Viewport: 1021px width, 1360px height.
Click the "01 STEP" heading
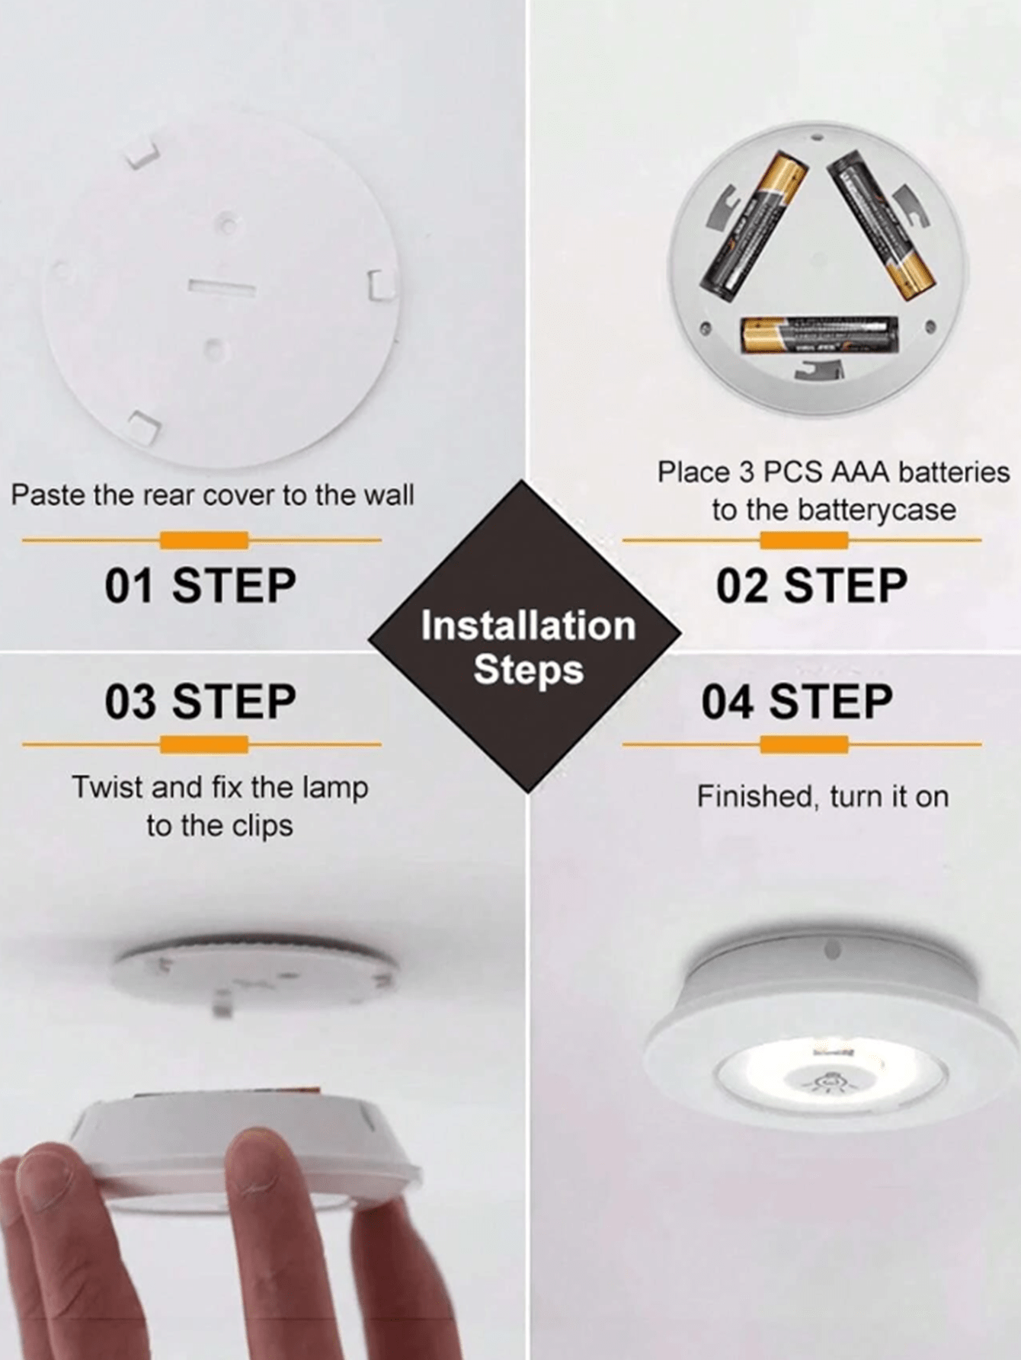pos(200,586)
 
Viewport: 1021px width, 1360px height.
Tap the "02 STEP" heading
pos(811,586)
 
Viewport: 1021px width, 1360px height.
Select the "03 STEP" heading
pos(200,702)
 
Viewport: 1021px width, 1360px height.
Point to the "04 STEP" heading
pos(797,702)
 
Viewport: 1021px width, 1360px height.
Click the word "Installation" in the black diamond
pos(528,626)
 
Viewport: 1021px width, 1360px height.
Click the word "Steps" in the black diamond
pos(528,670)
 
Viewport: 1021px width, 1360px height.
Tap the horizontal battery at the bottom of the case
pos(819,335)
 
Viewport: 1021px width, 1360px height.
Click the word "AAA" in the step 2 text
pos(861,472)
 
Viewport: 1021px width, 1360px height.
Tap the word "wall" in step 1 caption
pos(389,495)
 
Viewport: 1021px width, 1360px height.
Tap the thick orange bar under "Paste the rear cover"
pos(204,540)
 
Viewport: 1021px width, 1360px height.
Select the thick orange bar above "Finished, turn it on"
pos(804,744)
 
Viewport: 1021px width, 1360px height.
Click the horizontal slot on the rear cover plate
pos(222,287)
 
